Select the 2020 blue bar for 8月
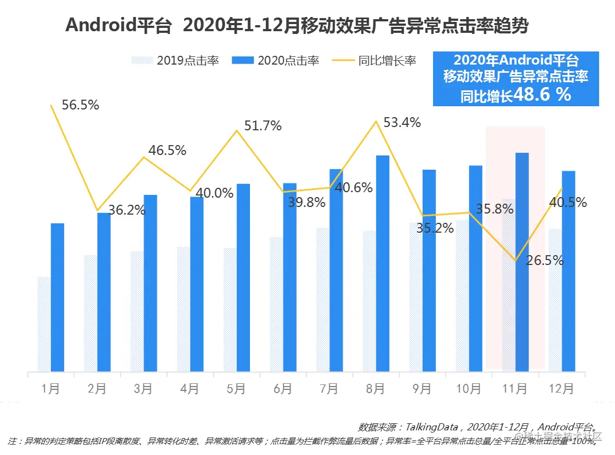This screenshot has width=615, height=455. tap(383, 263)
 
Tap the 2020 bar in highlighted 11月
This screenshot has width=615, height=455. tap(522, 262)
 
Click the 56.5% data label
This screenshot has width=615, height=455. tap(81, 105)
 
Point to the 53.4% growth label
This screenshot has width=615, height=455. tap(402, 122)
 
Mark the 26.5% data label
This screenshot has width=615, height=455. tap(545, 261)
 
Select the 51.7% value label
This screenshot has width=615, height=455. tap(263, 125)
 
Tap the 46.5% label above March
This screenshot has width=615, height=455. tap(168, 151)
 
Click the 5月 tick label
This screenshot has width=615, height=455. tap(236, 389)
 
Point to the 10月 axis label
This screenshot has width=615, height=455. tap(468, 389)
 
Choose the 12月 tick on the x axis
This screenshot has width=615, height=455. tap(561, 389)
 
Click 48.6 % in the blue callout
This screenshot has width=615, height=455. tap(543, 95)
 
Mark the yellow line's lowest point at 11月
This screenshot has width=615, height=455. tap(516, 261)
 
